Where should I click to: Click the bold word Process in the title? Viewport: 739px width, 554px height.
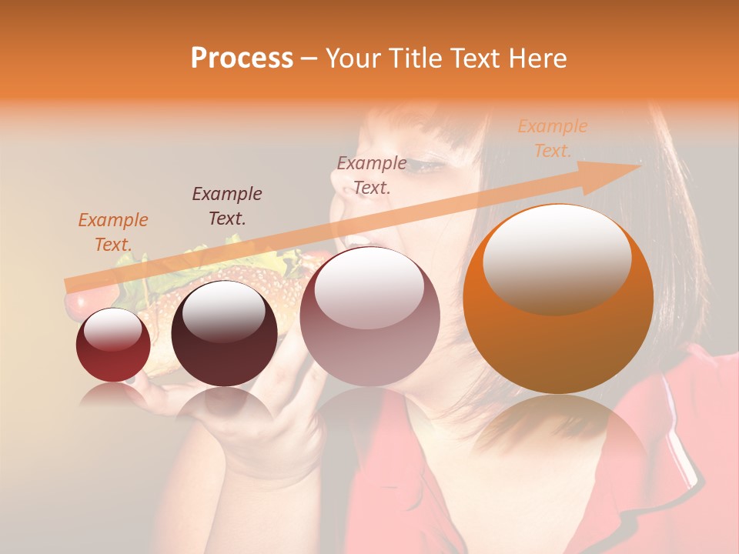click(x=242, y=58)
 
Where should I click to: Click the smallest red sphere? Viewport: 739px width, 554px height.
click(x=113, y=345)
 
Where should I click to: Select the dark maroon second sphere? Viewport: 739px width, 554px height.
click(x=224, y=333)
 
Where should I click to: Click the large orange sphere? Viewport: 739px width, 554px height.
click(x=558, y=300)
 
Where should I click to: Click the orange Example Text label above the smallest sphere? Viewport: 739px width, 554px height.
click(x=112, y=232)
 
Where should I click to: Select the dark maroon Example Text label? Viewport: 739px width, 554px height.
click(x=227, y=206)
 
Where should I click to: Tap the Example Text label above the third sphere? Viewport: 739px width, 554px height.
click(x=372, y=175)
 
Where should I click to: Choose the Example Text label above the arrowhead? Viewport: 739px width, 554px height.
click(x=552, y=138)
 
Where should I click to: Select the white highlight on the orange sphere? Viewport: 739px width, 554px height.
click(x=557, y=258)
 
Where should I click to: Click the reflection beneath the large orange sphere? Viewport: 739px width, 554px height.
click(x=558, y=439)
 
